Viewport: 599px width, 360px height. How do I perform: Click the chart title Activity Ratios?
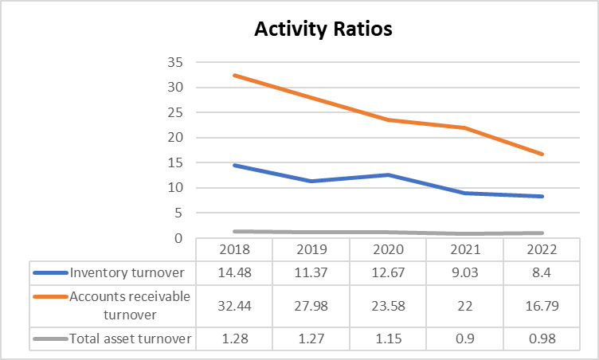click(323, 29)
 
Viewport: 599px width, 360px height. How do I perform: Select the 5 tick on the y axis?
click(179, 213)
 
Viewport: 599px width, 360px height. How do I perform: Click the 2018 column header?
click(233, 249)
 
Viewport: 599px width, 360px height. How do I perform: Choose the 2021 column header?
click(465, 249)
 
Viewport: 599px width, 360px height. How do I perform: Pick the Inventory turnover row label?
click(127, 272)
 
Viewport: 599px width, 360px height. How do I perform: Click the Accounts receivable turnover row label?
click(130, 305)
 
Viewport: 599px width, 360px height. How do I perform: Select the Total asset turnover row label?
click(131, 338)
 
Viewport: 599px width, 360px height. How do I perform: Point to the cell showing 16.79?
click(542, 305)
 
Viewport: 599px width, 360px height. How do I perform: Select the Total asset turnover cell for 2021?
click(465, 338)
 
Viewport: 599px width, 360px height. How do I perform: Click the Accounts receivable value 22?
click(465, 305)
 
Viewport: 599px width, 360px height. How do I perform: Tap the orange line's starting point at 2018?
click(233, 75)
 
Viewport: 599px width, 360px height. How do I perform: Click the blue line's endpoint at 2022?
click(542, 196)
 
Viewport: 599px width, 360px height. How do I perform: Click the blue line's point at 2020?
click(388, 174)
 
